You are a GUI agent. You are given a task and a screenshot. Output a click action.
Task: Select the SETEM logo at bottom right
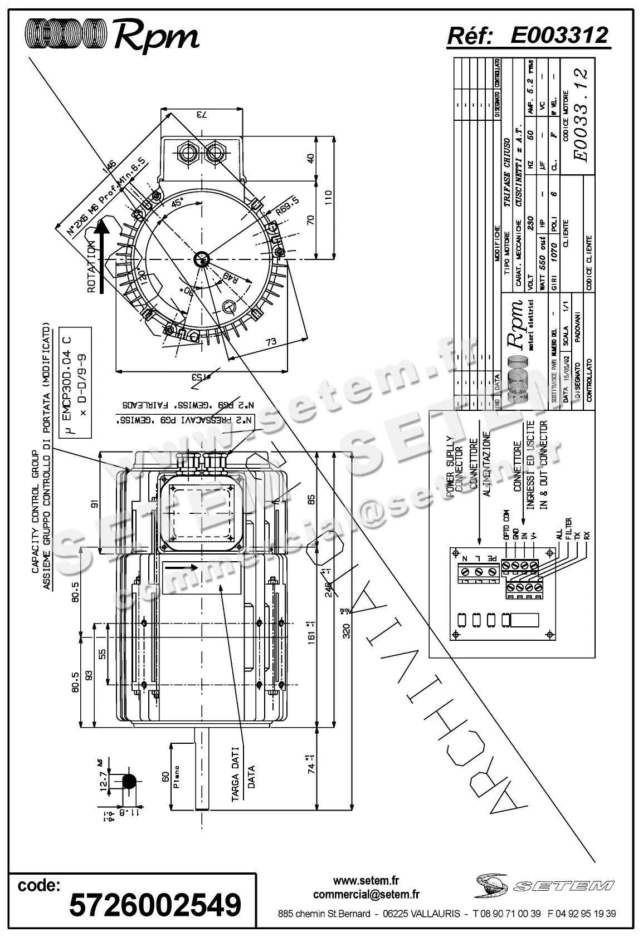[545, 885]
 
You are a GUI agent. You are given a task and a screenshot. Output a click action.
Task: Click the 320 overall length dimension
[346, 631]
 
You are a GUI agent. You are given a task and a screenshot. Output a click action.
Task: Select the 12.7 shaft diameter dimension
[103, 781]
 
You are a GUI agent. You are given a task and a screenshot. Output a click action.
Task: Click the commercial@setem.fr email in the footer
[366, 894]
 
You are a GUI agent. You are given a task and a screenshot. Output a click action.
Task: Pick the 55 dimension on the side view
[102, 653]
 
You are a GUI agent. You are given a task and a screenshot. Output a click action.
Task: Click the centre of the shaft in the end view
[201, 258]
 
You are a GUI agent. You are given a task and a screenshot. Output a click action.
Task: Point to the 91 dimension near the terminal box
[94, 504]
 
